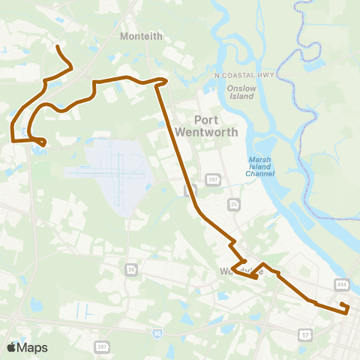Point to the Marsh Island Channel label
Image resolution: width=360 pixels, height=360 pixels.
(259, 166)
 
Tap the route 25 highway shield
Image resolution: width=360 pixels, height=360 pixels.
(234, 203)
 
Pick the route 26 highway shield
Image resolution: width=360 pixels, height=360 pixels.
(131, 268)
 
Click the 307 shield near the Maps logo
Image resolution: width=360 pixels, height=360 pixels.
(102, 346)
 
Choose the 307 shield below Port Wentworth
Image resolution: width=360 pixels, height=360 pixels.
(212, 180)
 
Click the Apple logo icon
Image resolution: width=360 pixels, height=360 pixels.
(11, 347)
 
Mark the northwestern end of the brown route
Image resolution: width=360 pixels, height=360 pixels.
(58, 46)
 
